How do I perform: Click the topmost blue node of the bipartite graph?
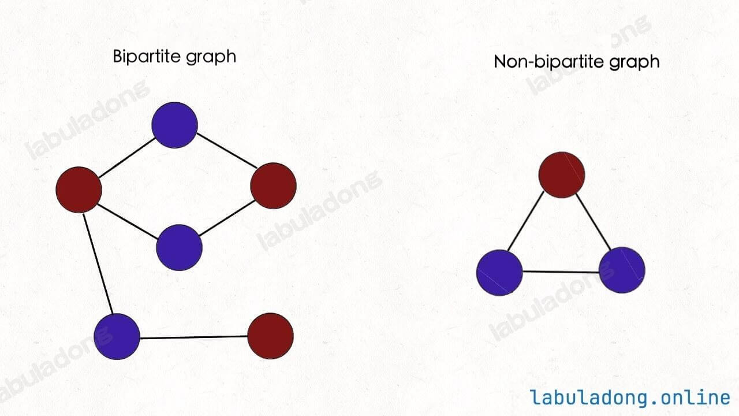(x=174, y=125)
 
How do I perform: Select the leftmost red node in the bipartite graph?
(x=79, y=190)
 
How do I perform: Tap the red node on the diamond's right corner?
(x=273, y=185)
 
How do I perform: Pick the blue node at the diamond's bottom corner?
(x=179, y=248)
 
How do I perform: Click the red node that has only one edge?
(x=271, y=336)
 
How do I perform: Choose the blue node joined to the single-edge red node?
(x=117, y=336)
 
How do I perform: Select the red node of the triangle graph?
(x=562, y=175)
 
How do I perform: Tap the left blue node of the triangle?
(x=499, y=273)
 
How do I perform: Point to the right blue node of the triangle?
(x=622, y=270)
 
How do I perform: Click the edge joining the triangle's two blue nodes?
(x=561, y=272)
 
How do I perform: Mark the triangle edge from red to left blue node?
(x=525, y=221)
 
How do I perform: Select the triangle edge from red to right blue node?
(x=594, y=221)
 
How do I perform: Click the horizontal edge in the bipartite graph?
(x=194, y=337)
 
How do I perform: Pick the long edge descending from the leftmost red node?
(x=98, y=264)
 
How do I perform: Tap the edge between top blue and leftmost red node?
(x=127, y=158)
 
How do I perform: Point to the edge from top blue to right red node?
(x=226, y=150)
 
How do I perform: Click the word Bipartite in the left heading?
(x=147, y=56)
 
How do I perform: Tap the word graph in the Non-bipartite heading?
(x=634, y=62)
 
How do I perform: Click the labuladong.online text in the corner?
(x=630, y=398)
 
